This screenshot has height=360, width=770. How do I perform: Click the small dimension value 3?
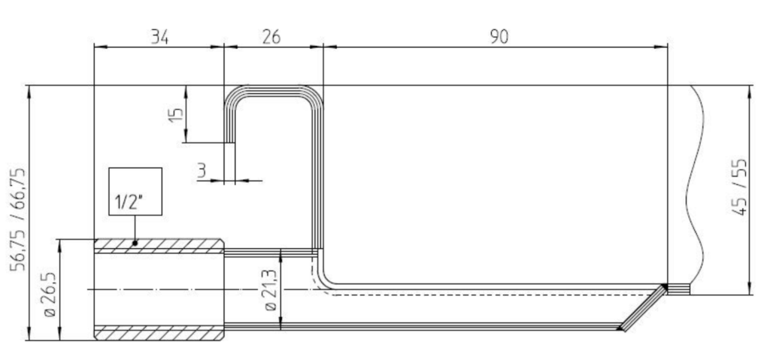tap(202, 171)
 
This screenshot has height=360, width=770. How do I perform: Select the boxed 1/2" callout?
tap(135, 192)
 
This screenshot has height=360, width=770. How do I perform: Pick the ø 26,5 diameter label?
tap(50, 289)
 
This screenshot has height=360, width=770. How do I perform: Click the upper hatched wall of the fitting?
tap(159, 246)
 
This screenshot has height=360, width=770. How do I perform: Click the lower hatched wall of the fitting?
tap(159, 331)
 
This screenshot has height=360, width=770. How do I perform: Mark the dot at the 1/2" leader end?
tap(135, 243)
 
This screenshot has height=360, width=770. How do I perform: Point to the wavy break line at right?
tap(700, 188)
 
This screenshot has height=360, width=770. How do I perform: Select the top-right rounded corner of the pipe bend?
tap(314, 94)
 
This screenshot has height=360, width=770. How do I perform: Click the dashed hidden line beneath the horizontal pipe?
tap(489, 295)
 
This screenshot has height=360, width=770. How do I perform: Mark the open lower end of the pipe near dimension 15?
tap(230, 141)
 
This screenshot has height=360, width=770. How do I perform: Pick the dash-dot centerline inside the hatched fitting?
tap(159, 289)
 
